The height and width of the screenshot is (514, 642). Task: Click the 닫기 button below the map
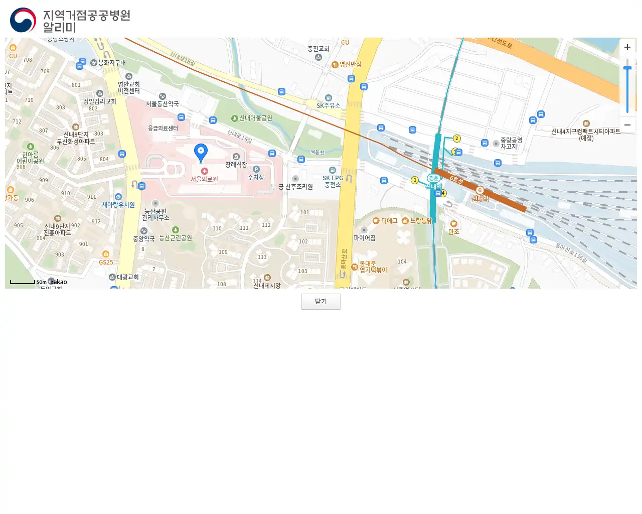tap(320, 302)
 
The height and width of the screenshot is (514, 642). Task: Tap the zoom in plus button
tap(627, 47)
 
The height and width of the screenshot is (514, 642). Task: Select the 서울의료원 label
tap(204, 179)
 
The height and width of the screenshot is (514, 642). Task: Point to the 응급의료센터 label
tap(163, 128)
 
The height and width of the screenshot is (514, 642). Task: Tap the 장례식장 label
tap(236, 164)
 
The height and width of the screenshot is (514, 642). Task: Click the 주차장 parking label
tap(256, 177)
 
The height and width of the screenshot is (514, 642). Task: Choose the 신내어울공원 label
tap(255, 118)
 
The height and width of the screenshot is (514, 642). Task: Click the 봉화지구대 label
tap(112, 63)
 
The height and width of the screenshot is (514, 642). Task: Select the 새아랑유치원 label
tap(118, 204)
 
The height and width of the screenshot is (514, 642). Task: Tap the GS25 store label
tap(106, 262)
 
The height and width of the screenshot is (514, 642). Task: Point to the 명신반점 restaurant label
tap(350, 64)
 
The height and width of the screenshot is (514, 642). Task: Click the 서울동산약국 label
tap(163, 103)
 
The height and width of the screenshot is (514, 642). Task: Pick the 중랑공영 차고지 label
tap(511, 143)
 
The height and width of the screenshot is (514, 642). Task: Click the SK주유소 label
tap(328, 105)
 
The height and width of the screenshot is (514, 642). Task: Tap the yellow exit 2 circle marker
tap(456, 139)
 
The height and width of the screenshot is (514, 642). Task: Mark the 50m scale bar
tap(23, 283)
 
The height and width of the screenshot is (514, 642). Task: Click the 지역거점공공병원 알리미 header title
tap(86, 21)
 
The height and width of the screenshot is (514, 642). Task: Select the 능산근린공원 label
tap(176, 237)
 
